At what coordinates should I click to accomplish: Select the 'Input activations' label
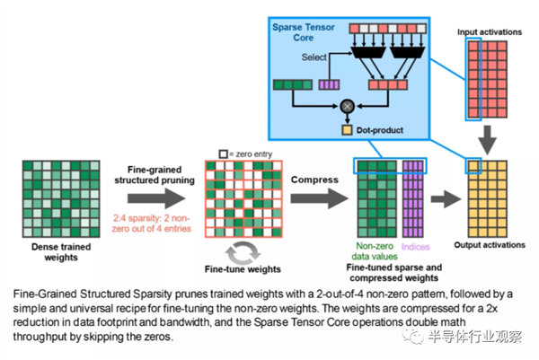tap(490, 32)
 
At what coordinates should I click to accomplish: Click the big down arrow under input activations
tap(488, 139)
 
